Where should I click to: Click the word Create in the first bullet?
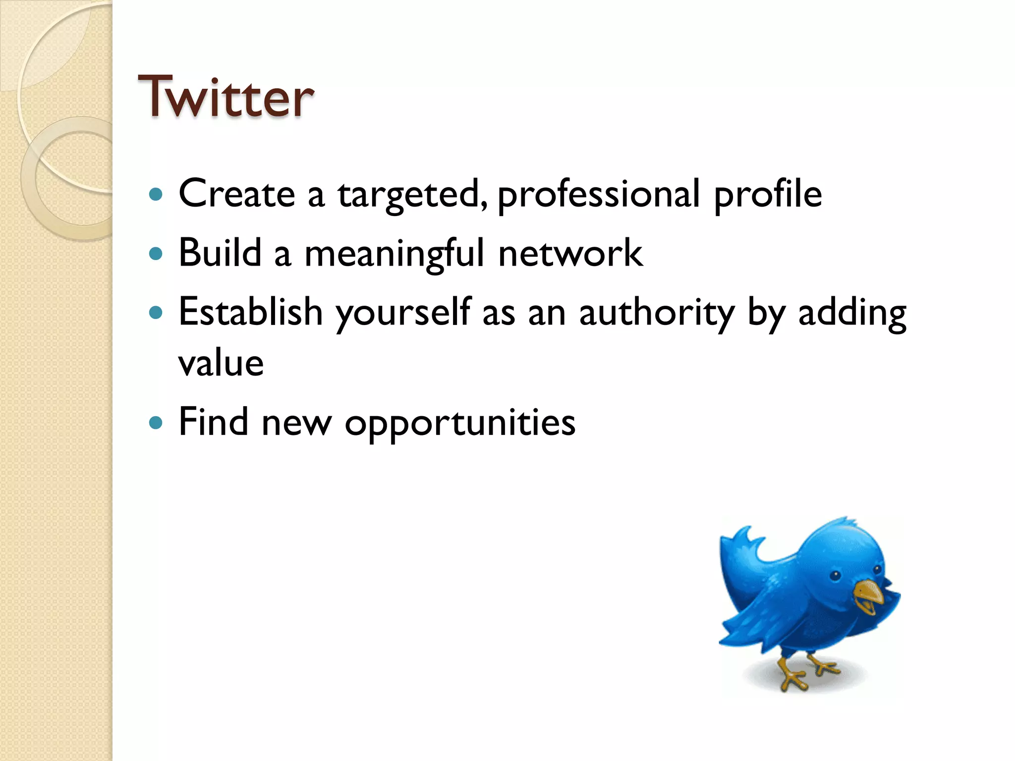[236, 194]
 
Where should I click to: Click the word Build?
[220, 253]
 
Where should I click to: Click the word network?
[570, 253]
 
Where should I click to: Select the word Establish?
[250, 312]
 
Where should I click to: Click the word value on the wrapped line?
[221, 363]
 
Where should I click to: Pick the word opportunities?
[460, 423]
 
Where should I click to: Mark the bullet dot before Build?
[156, 254]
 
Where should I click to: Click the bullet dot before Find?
[156, 423]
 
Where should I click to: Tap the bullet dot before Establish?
[156, 313]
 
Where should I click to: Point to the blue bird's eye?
[836, 575]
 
